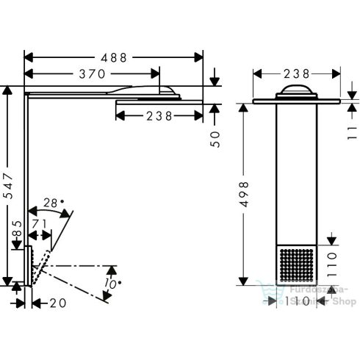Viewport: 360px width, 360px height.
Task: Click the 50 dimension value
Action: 215,139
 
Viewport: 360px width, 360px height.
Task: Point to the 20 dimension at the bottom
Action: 57,301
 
